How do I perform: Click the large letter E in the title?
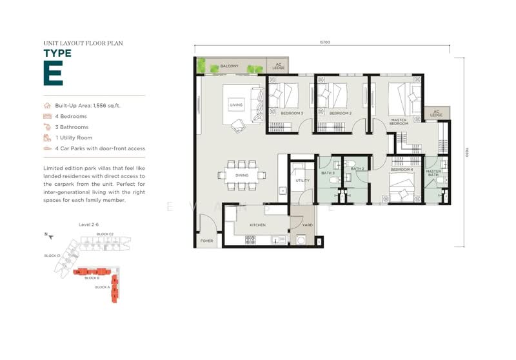pos(53,73)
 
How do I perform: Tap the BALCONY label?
pos(230,66)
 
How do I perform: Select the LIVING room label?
pos(236,104)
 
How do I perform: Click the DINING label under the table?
pos(241,175)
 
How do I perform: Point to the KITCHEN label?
pos(258,225)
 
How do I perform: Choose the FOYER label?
pos(206,242)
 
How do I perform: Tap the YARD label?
pos(308,225)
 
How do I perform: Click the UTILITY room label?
pos(303,181)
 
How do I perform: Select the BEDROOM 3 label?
pos(292,113)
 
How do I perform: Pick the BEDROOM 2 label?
pos(340,113)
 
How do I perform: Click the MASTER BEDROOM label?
pos(399,121)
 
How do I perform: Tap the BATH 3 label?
pos(328,174)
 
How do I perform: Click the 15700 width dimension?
pos(324,43)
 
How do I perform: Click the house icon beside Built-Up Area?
pos(46,105)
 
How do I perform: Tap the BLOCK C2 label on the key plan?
pos(104,234)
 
